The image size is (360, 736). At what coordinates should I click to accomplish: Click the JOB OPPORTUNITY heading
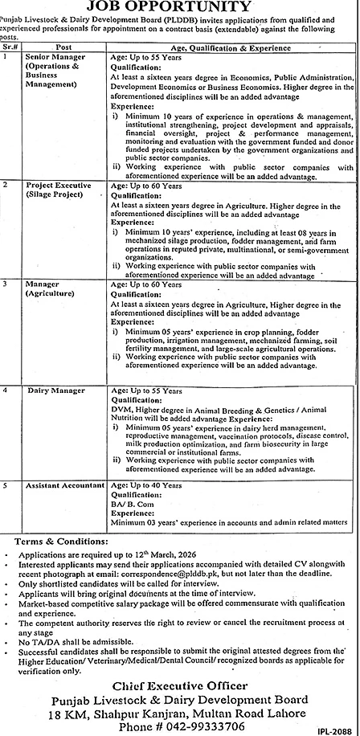[179, 6]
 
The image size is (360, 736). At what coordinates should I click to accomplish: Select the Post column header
[64, 47]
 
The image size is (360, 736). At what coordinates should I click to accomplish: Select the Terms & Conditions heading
[52, 542]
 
